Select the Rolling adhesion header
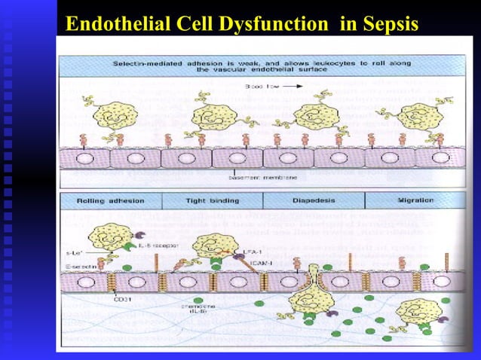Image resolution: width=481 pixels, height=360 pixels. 111,201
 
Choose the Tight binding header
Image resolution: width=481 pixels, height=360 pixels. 212,201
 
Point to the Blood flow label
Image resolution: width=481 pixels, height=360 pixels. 259,87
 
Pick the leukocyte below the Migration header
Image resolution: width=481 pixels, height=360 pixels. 412,312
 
